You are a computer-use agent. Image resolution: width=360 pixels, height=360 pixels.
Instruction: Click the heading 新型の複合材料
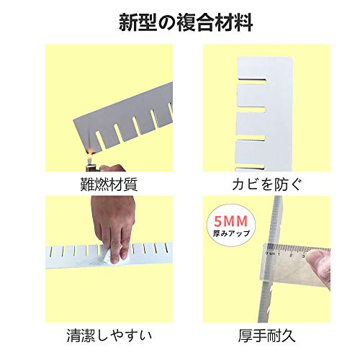click(x=186, y=23)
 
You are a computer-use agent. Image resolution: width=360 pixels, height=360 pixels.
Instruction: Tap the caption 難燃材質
click(x=109, y=184)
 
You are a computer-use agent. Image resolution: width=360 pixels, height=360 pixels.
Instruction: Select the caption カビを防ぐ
click(x=266, y=184)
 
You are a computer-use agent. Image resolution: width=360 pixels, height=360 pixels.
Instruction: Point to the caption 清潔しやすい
click(x=109, y=336)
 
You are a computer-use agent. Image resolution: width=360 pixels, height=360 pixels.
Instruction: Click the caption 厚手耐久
click(x=266, y=336)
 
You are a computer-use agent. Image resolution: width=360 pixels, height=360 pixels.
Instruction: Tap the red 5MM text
click(x=230, y=221)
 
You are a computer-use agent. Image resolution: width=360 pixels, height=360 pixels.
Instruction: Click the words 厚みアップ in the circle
click(x=231, y=233)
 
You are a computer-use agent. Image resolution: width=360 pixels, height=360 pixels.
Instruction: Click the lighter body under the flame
click(x=91, y=168)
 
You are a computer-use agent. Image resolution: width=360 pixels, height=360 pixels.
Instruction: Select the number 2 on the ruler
click(x=291, y=255)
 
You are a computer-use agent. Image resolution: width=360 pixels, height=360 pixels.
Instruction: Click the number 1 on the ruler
click(x=279, y=253)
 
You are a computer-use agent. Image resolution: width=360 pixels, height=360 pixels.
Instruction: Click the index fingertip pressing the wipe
click(x=114, y=260)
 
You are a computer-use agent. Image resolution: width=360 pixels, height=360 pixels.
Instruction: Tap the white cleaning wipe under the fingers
click(x=113, y=256)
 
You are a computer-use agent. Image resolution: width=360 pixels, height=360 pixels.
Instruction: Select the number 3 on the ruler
click(x=303, y=256)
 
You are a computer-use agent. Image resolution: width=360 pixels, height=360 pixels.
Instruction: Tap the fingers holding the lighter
click(x=111, y=168)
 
